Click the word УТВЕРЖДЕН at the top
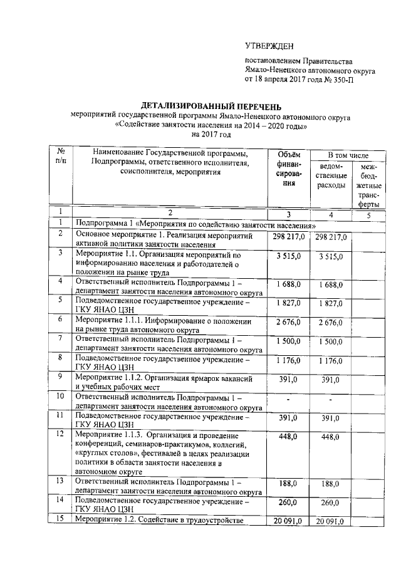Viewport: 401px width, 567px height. (269, 46)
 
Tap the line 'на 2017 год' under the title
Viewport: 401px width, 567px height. (212, 133)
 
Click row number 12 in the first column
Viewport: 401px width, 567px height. (61, 434)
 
